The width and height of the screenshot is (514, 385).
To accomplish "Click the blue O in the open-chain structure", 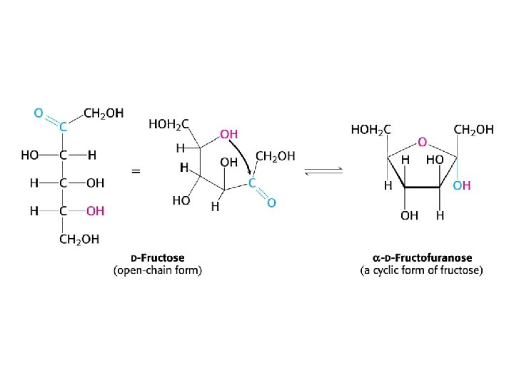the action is tap(39, 113).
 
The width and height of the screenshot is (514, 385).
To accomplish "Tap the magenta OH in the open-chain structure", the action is tap(95, 211).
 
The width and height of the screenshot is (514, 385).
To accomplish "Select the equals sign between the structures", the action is tap(136, 171).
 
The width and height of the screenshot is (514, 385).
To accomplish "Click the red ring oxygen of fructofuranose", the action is tap(423, 142).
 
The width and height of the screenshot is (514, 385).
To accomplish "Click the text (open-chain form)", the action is tap(158, 270).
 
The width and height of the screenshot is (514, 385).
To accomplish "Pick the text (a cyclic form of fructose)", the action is tap(421, 270).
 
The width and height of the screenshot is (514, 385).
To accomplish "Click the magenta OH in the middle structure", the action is tap(228, 134).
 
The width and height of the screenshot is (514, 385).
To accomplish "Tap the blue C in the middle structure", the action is tap(252, 183).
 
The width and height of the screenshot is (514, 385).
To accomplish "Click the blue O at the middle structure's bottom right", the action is tap(271, 203).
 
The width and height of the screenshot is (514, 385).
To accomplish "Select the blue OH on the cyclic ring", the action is tap(462, 185).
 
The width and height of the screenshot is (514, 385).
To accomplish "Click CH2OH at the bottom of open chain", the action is tap(79, 240).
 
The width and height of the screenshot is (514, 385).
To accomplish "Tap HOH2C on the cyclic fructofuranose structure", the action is tap(371, 130).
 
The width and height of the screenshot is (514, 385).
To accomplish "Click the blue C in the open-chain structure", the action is tap(63, 128).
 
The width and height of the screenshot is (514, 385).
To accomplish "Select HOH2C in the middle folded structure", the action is tap(168, 123).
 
